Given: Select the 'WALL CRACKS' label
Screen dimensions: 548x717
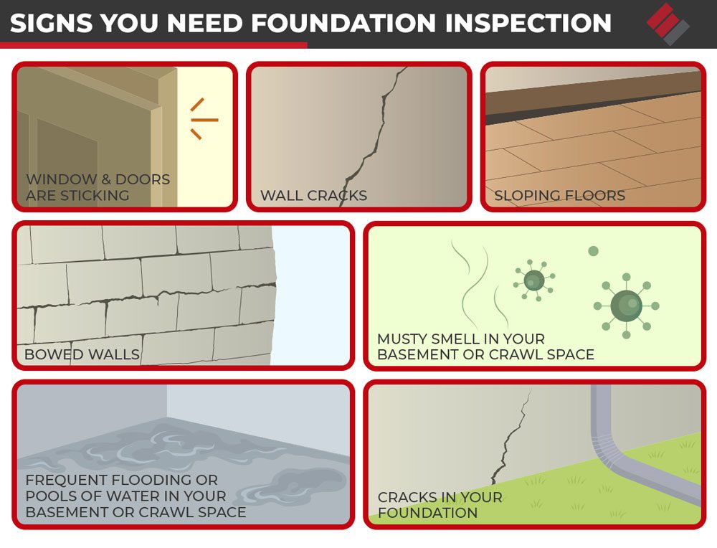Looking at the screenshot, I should click(313, 196).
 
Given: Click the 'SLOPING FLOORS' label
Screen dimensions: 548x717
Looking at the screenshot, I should click(559, 196).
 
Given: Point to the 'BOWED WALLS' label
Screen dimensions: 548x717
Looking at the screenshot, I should click(82, 354).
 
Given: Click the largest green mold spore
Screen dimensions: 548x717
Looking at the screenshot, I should click(626, 306).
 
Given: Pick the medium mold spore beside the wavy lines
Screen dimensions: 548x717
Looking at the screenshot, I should click(533, 280).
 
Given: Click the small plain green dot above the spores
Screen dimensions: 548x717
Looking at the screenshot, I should click(593, 251).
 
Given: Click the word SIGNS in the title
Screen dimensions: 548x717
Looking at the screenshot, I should click(52, 23).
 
